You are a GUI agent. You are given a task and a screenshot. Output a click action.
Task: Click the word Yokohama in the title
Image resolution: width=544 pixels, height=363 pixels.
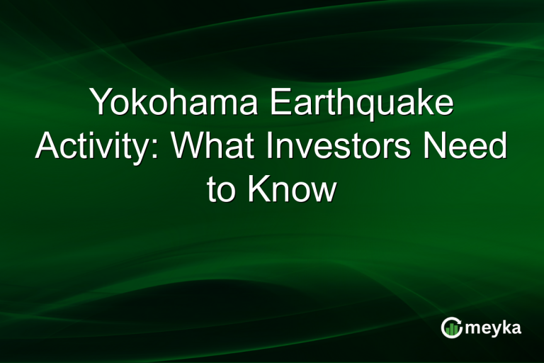[x=169, y=104]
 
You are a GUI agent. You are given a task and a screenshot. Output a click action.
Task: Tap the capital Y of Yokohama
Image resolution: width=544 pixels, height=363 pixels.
[x=101, y=104]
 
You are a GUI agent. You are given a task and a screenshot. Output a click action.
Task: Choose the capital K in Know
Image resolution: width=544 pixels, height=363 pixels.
[x=256, y=190]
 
